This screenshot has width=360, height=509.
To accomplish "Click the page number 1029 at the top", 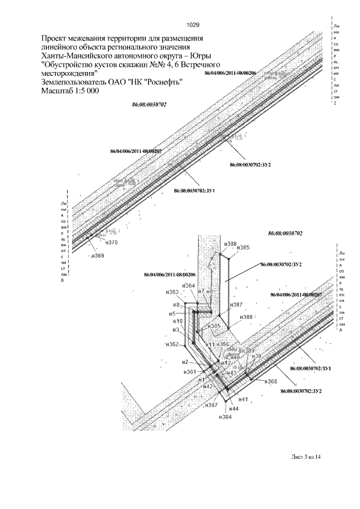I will (x=192, y=25).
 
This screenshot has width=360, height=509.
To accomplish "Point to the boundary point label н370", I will (x=111, y=243).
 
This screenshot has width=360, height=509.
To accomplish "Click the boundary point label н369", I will (x=98, y=256).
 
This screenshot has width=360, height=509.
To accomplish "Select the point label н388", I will (x=229, y=244).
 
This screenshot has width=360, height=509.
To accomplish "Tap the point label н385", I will (x=243, y=247).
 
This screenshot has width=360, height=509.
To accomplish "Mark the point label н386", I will (x=246, y=317).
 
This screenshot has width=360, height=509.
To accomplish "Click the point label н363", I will (x=172, y=292).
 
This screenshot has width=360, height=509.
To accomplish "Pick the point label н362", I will (x=173, y=344).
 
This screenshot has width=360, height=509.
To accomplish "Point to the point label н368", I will (x=271, y=382).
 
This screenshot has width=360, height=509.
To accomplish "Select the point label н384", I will (x=226, y=417).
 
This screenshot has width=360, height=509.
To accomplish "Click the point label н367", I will (x=211, y=405).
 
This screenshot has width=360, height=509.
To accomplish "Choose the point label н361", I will (x=190, y=372).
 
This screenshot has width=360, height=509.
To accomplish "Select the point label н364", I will (x=189, y=286).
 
